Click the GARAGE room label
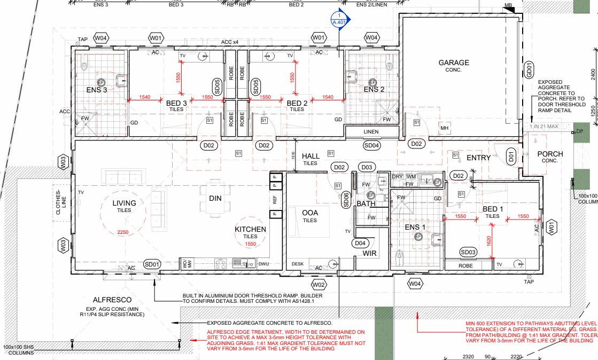click(454, 62)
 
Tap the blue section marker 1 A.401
click(340, 20)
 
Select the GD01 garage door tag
click(529, 69)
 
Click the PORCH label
click(550, 154)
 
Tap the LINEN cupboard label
click(371, 132)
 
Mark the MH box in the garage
click(444, 129)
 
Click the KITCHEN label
click(250, 230)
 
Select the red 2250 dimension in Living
click(124, 232)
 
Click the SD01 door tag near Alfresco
click(152, 264)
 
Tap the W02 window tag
click(319, 284)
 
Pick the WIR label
click(370, 253)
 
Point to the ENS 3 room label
click(97, 90)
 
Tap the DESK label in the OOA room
click(298, 264)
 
